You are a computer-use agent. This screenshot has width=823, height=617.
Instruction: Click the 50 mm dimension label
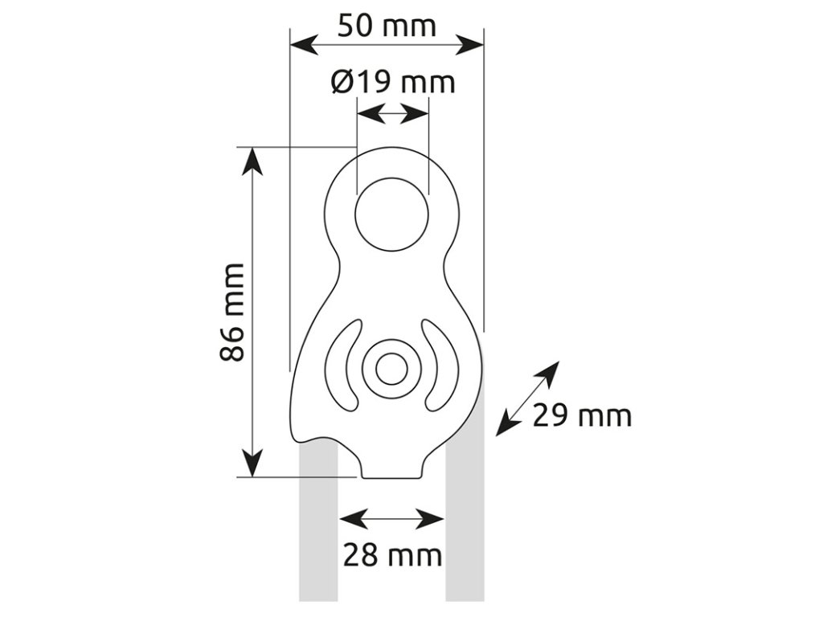tap(387, 26)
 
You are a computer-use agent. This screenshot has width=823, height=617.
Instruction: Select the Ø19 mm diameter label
tap(392, 81)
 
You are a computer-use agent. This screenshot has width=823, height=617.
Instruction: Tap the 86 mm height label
tap(232, 312)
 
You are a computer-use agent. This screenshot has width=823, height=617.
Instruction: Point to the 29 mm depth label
tap(582, 415)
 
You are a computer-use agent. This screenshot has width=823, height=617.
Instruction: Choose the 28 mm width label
tap(392, 554)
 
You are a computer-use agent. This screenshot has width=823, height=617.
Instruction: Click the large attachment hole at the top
tap(392, 213)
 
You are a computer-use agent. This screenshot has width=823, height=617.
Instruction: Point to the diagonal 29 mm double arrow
tap(527, 398)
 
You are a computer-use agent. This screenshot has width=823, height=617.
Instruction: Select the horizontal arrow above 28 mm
tap(392, 518)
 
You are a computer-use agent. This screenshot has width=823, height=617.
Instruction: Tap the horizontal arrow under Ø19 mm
tap(392, 114)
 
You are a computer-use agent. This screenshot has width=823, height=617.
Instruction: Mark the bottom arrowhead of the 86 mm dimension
tap(253, 464)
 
